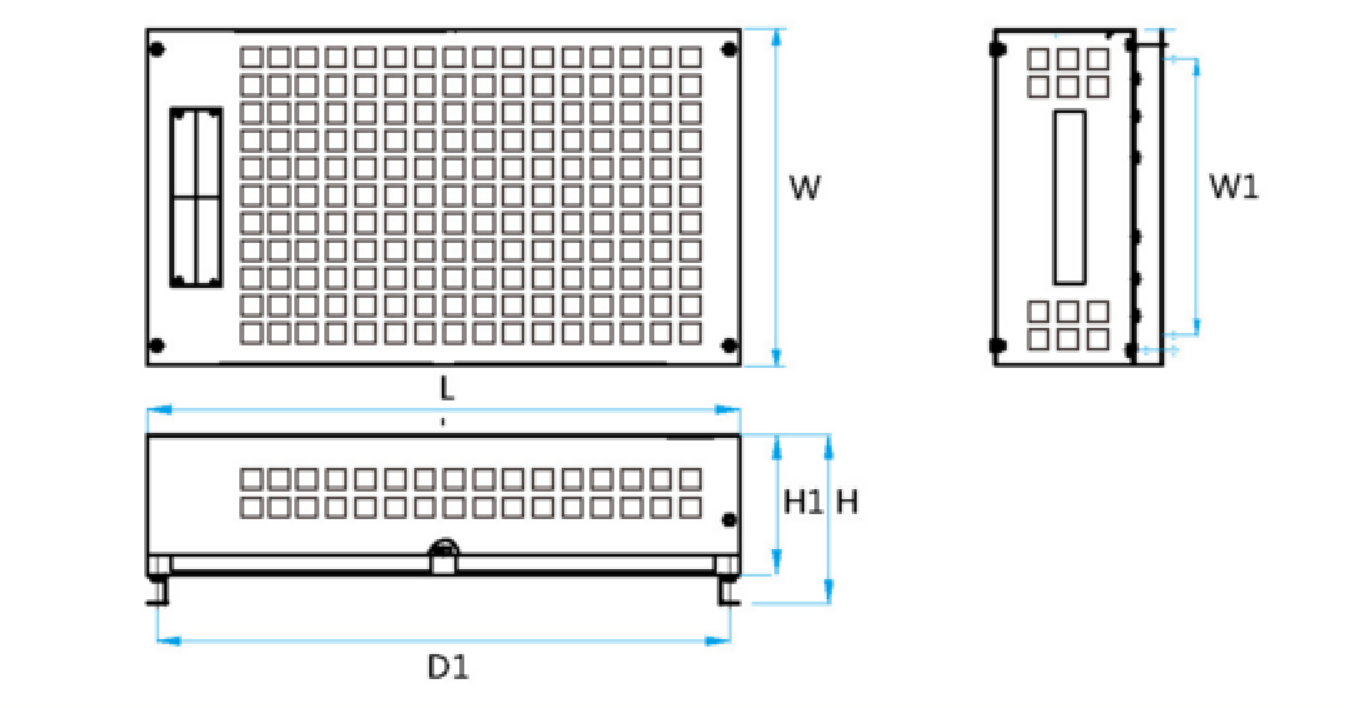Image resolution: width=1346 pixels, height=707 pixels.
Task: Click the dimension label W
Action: pos(804,187)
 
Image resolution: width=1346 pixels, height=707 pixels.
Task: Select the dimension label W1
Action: pos(1234,187)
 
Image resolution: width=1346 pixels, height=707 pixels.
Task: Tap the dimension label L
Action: pos(447,391)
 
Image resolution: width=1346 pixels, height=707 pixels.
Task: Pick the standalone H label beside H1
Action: pos(847,502)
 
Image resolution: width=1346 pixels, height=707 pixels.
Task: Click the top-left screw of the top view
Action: pos(156,49)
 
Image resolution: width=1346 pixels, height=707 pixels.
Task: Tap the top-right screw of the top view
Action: pos(729,49)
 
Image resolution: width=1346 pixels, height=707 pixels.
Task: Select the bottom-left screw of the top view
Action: pos(156,346)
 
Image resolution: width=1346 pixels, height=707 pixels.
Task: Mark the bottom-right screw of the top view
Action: pos(729,346)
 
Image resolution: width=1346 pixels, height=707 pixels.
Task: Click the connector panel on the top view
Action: pos(196,198)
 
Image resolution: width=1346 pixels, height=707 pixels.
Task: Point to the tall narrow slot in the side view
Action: pos(1069,197)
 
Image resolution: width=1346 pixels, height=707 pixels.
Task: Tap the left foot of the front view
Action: pos(158,584)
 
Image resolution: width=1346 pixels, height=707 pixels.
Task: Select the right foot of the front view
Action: pos(729,584)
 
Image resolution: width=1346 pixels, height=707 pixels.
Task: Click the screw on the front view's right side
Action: pos(729,519)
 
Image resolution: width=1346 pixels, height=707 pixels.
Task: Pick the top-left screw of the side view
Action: pos(996,48)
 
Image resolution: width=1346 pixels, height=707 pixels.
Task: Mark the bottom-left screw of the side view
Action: pos(996,346)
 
